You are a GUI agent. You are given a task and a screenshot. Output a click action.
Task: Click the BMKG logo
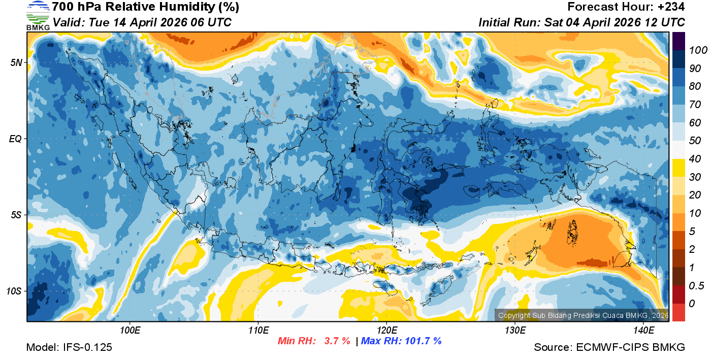(38, 15)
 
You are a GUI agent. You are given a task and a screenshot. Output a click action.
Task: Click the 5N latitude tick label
(15, 62)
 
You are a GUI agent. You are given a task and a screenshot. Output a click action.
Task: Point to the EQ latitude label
(15, 139)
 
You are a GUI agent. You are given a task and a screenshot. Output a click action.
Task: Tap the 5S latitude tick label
(15, 215)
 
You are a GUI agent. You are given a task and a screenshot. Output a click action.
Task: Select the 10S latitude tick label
(13, 291)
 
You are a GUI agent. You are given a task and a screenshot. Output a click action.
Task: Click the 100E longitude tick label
(130, 331)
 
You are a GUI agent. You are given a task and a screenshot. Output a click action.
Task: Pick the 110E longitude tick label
(258, 331)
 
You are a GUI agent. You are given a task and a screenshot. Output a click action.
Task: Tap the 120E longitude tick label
(386, 331)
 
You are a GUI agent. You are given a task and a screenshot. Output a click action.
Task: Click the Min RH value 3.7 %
(337, 341)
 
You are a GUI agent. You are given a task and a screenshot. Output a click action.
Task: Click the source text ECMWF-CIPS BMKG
(630, 347)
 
